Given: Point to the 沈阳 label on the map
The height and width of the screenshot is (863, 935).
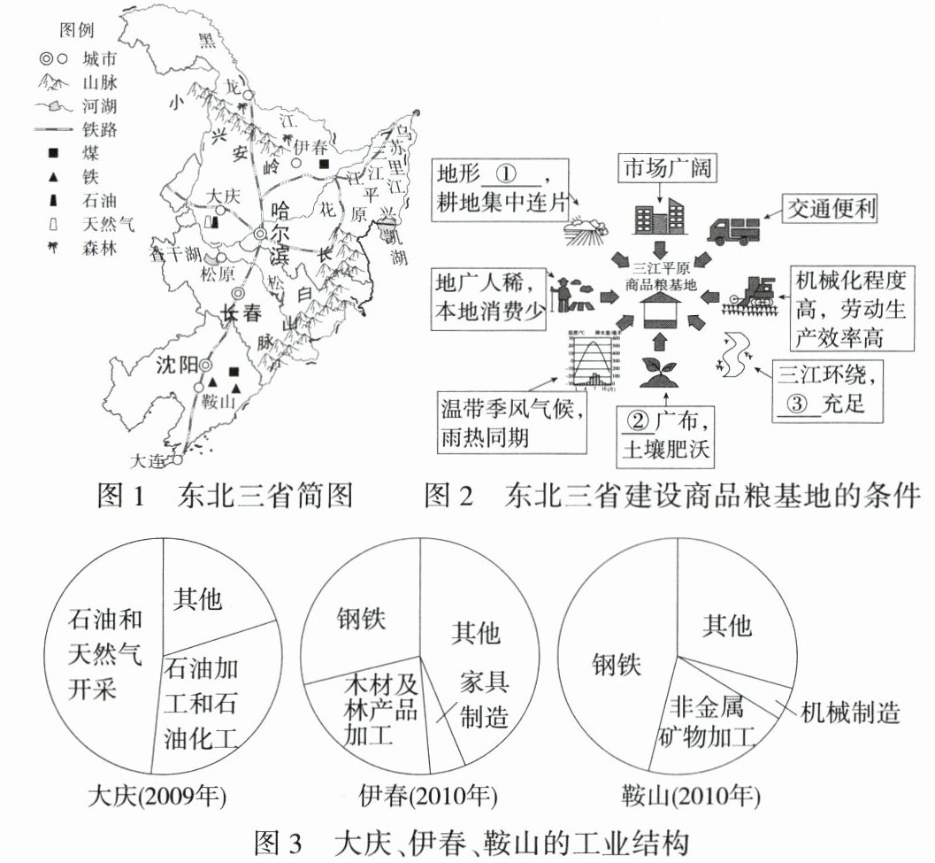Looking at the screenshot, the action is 174,366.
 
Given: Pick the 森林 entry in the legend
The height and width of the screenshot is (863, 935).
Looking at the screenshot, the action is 98,247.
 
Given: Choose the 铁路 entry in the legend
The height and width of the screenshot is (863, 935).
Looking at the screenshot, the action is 98,130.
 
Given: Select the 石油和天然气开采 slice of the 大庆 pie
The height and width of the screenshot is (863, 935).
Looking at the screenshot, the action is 104,655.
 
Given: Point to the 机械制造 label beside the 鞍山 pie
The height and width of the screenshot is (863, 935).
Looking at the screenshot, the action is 849,712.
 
